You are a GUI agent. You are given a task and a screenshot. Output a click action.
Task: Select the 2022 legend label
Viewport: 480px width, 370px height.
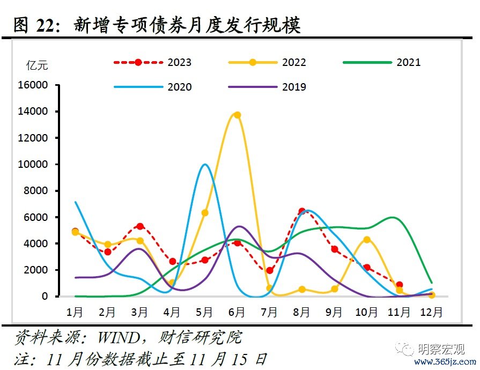coord(294,62)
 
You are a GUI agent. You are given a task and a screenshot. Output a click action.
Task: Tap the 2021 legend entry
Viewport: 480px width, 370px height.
coord(409,62)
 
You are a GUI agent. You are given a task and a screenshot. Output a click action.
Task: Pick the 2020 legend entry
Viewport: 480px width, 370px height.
coord(179,87)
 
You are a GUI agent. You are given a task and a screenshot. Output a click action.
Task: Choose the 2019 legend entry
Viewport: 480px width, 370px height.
coord(294,87)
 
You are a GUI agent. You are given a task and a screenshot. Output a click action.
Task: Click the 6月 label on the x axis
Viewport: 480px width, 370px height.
coord(237,312)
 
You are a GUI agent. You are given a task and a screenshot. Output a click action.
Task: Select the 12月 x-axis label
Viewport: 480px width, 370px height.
coord(431,312)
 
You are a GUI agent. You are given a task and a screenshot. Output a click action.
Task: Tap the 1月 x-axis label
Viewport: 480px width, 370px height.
coord(75,312)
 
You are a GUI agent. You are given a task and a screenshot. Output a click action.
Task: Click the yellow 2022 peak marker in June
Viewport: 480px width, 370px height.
coord(237,115)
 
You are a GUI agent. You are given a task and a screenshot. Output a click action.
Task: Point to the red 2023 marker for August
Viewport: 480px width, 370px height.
coord(302,211)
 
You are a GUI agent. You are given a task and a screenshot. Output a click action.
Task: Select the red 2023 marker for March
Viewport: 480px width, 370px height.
coord(140,226)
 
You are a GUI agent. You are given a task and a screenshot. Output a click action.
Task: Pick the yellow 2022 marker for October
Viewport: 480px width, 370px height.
coord(367,240)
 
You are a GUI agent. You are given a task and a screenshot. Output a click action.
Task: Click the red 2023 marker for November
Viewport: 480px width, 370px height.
coord(399,285)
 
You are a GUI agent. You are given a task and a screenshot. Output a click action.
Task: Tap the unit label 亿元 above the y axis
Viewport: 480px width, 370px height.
coord(37,65)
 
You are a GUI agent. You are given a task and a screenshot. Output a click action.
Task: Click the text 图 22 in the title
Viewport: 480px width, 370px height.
coord(36,25)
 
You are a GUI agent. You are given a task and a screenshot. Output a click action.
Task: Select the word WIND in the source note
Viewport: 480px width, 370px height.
coord(119,337)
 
